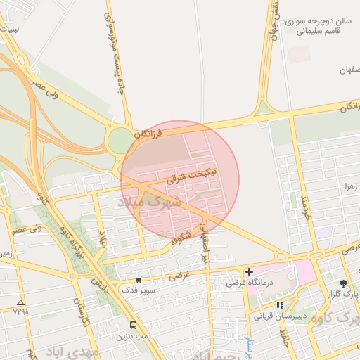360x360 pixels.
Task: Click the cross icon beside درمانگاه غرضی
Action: point(249,271)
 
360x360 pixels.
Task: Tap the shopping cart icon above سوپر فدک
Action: point(138,280)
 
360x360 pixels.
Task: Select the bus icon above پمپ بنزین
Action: point(134,324)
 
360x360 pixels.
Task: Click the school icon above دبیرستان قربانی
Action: point(281,305)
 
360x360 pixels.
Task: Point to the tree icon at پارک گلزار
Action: point(344,283)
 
